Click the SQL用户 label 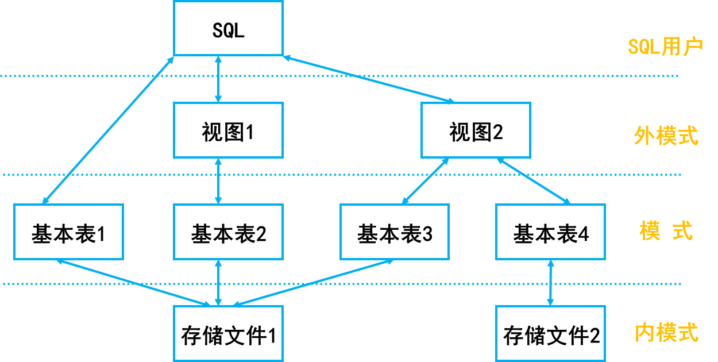tap(665, 47)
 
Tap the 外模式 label tap(666, 136)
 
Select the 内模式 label tap(666, 333)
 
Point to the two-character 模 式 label tap(666, 231)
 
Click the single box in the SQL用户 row tap(228, 28)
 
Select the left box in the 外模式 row tap(228, 130)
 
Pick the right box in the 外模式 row tap(476, 130)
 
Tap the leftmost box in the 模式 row tap(68, 232)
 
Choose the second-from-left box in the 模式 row tap(228, 232)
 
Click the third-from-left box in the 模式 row tap(395, 232)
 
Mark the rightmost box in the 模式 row tap(550, 232)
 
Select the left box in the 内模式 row tap(228, 333)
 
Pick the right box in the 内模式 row tap(550, 333)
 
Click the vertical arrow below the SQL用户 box tap(218, 79)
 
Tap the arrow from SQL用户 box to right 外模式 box tap(369, 79)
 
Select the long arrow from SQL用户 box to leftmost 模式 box tap(108, 130)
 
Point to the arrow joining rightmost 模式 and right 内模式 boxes tap(550, 283)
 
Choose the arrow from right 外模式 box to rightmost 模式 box tap(534, 181)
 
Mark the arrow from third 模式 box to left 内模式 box tap(313, 282)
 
